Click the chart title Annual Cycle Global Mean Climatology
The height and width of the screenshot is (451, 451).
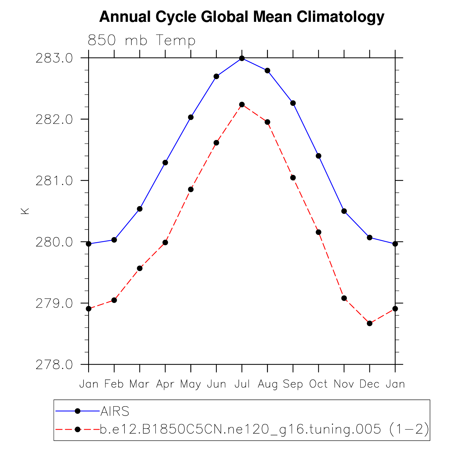point(242,17)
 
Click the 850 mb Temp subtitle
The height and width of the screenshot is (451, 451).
point(141,40)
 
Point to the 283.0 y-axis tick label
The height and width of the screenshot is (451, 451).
point(54,59)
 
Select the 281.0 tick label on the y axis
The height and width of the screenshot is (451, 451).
point(54,181)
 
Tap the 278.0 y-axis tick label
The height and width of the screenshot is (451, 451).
point(54,365)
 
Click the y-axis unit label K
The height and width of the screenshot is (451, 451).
point(25,211)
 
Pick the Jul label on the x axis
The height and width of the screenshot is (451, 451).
point(242,384)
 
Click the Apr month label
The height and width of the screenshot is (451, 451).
point(165,384)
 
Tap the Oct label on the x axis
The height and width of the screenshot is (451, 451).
point(318,384)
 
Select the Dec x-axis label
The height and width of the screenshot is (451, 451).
point(369,384)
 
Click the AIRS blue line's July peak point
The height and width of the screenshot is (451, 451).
point(242,58)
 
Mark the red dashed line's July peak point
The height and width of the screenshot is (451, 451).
point(242,105)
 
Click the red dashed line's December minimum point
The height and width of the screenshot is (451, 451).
point(370,323)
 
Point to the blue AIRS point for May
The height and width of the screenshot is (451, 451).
point(191,117)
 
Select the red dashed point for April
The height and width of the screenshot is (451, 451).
point(165,242)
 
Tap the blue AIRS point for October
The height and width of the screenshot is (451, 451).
point(319,156)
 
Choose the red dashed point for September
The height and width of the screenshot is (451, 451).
point(293,178)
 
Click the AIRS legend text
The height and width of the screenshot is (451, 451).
point(115,411)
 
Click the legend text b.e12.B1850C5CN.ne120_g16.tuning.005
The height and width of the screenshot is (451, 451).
point(240,429)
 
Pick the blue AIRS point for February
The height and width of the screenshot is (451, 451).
point(114,240)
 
